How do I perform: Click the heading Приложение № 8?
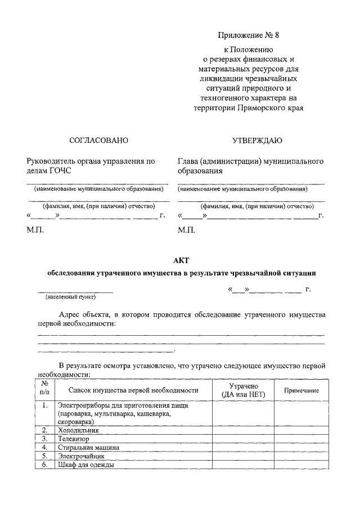tap(248, 35)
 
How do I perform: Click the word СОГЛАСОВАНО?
tap(98, 140)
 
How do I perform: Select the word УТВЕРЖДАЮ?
tap(257, 140)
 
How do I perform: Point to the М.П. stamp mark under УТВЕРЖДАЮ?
tap(186, 231)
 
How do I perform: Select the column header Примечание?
tap(301, 390)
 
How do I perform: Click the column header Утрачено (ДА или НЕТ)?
tap(243, 390)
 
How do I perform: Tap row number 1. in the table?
tap(44, 405)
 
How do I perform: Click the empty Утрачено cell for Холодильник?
tap(243, 430)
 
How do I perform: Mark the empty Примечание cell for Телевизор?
tap(301, 439)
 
